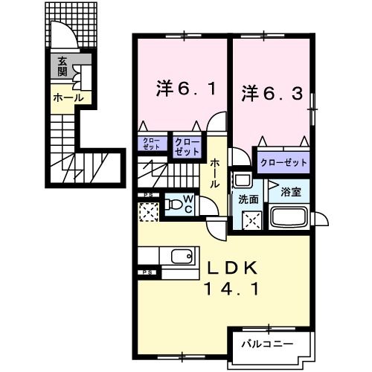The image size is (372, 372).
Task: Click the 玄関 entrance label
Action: click(61, 68)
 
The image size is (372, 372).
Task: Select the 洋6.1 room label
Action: click(186, 89)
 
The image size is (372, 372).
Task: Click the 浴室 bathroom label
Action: click(290, 191)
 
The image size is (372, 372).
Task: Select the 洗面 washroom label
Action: click(248, 199)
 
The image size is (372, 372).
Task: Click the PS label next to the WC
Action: click(149, 196)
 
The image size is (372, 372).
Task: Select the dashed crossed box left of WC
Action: click(149, 213)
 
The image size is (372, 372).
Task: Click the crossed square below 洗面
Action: click(253, 219)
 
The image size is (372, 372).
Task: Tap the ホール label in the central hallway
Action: click(215, 173)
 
